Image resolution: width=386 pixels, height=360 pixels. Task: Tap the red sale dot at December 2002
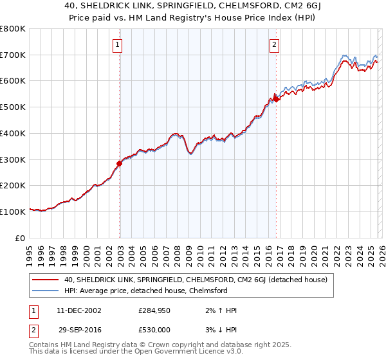click(120, 163)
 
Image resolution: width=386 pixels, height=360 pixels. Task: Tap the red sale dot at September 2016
click(276, 99)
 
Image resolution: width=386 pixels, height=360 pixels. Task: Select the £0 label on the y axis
click(20, 238)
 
